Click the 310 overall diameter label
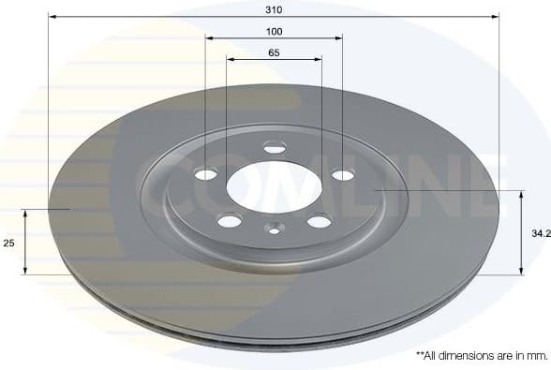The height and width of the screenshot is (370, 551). pos(274,8)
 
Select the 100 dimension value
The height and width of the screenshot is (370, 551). pos(274,31)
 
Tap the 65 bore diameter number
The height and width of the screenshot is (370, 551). pos(274,52)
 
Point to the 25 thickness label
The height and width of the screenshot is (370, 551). pos(8,243)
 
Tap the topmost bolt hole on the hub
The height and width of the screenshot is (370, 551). pos(274,146)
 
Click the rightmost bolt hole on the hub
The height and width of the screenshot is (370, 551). pos(343,174)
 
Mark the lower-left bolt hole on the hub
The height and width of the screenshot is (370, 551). pos(228,221)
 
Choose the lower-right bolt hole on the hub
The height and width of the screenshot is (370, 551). pos(320,221)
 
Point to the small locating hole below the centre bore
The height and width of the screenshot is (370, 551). pos(274,228)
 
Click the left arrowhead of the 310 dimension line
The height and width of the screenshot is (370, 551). pos(52,17)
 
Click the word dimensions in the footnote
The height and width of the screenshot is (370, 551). pos(456,357)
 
